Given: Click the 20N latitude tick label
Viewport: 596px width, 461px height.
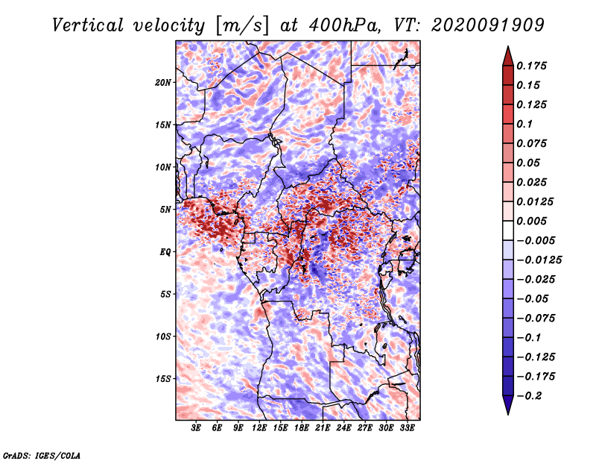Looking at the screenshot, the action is coord(163,83).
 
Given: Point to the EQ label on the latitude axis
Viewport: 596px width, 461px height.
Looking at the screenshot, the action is coord(165,252).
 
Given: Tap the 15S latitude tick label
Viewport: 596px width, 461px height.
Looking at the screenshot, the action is coord(163,379).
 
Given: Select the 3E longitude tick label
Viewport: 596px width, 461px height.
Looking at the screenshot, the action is coord(196,428).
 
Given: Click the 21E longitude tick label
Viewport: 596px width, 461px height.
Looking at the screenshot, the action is coord(323,428).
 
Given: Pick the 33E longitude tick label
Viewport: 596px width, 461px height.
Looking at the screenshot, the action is coord(407,428).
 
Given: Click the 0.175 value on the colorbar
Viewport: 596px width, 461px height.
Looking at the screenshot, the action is coord(531,66).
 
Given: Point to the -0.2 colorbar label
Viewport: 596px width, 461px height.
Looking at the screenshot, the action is coord(529,396).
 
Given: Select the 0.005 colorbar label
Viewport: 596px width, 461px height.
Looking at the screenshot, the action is coord(531,221).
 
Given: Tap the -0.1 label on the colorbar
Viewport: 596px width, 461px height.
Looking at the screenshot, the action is coord(529,338).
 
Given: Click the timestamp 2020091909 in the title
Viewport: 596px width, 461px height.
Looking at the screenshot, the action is coord(488,25).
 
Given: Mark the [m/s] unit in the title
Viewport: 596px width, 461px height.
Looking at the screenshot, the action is coord(242,26).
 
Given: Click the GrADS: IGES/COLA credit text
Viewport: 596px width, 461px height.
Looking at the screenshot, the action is coord(42,455).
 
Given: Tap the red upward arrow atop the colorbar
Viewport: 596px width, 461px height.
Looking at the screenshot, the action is coord(508,56).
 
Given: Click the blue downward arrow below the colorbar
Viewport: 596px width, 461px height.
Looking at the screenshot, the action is coord(508,405).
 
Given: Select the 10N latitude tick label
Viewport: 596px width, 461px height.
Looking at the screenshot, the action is coord(163,167).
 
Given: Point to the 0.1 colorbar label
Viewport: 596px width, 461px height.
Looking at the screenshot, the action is coord(524,124).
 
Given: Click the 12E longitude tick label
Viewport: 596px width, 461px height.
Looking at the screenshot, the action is coord(259,428).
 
